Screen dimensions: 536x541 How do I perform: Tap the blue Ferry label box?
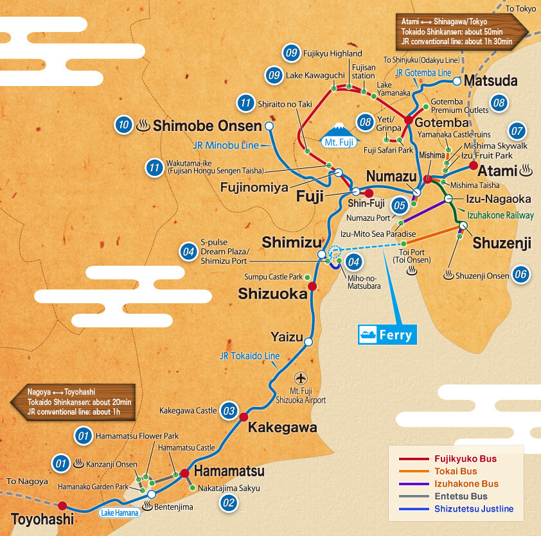click(387, 334)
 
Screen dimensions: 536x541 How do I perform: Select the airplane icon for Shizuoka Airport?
click(299, 377)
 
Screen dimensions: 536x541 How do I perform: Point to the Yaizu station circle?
click(308, 342)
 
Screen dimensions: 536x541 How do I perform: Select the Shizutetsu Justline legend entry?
click(456, 509)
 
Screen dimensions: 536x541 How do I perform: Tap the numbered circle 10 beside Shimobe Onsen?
click(123, 125)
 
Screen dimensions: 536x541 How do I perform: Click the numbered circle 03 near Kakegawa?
click(227, 410)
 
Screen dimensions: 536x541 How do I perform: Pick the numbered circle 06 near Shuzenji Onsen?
click(520, 275)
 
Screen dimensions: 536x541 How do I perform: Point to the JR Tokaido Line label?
click(249, 356)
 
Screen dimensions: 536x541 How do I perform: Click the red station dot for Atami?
click(473, 166)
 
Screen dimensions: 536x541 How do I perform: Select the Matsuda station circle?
click(457, 82)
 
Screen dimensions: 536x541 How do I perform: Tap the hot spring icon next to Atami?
click(526, 171)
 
